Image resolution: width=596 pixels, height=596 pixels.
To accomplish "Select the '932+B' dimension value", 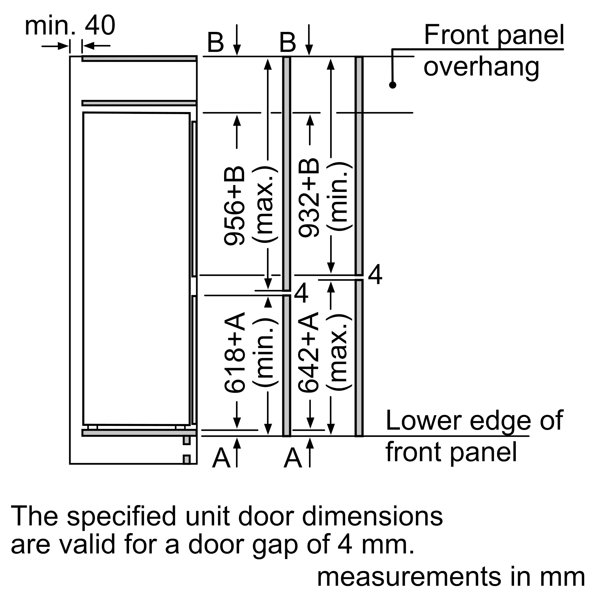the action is point(308,198).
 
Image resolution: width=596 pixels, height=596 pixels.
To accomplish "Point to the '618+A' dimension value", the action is point(234,353).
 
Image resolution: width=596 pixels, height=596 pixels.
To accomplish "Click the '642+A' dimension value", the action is point(308,352).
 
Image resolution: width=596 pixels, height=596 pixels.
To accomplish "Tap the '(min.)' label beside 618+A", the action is point(265,352).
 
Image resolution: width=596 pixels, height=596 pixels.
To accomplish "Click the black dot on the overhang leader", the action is point(392,85).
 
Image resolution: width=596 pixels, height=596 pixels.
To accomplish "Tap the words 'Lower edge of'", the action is point(474,421).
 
